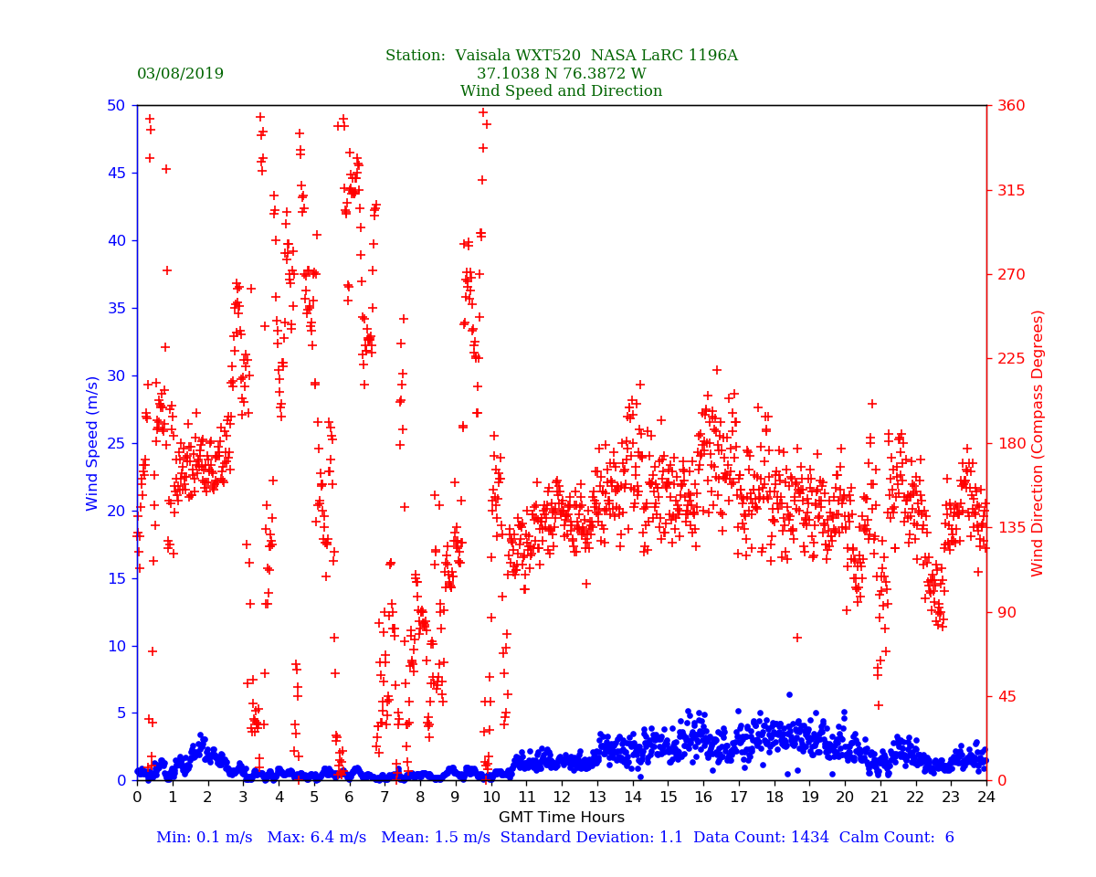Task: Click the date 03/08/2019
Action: pyautogui.click(x=180, y=74)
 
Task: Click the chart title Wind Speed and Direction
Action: pyautogui.click(x=561, y=91)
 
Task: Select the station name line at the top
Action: pyautogui.click(x=561, y=56)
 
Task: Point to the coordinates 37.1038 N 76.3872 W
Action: pyautogui.click(x=561, y=74)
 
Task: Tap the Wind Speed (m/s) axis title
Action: pyautogui.click(x=93, y=443)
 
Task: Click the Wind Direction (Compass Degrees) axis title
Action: pyautogui.click(x=1038, y=443)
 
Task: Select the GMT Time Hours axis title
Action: pyautogui.click(x=561, y=818)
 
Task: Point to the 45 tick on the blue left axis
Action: pyautogui.click(x=116, y=173)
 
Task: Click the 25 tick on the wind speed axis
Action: pyautogui.click(x=116, y=443)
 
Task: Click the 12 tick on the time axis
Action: pyautogui.click(x=562, y=797)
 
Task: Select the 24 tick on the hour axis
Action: pyautogui.click(x=986, y=797)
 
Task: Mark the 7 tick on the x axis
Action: pyautogui.click(x=385, y=797)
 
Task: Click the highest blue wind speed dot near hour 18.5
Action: pyautogui.click(x=789, y=694)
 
